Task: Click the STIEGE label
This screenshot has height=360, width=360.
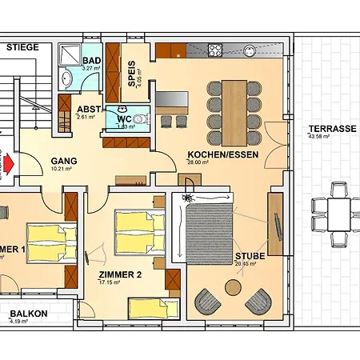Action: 22,48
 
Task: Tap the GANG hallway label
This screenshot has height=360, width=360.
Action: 63,160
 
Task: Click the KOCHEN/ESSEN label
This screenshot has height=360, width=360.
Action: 222,154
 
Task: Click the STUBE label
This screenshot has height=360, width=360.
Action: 249,258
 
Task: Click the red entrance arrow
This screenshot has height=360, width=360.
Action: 8,163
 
